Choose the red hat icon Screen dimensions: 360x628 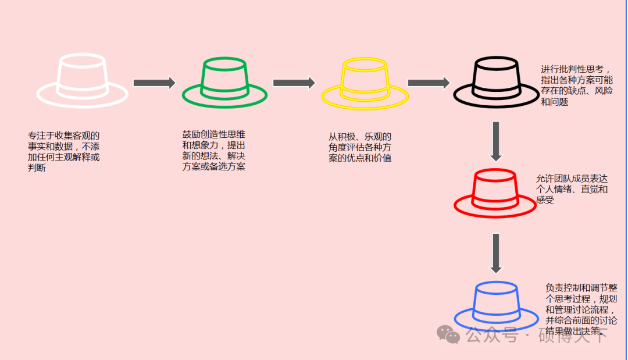coord(495,193)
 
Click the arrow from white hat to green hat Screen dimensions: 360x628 coord(154,83)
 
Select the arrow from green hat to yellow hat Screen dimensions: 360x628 coord(294,83)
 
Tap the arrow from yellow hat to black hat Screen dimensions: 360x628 coord(429,83)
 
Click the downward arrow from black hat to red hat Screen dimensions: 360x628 coord(495,141)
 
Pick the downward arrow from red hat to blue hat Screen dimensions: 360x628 coord(495,253)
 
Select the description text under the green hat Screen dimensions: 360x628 coord(213,150)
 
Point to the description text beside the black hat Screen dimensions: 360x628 coord(576,85)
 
